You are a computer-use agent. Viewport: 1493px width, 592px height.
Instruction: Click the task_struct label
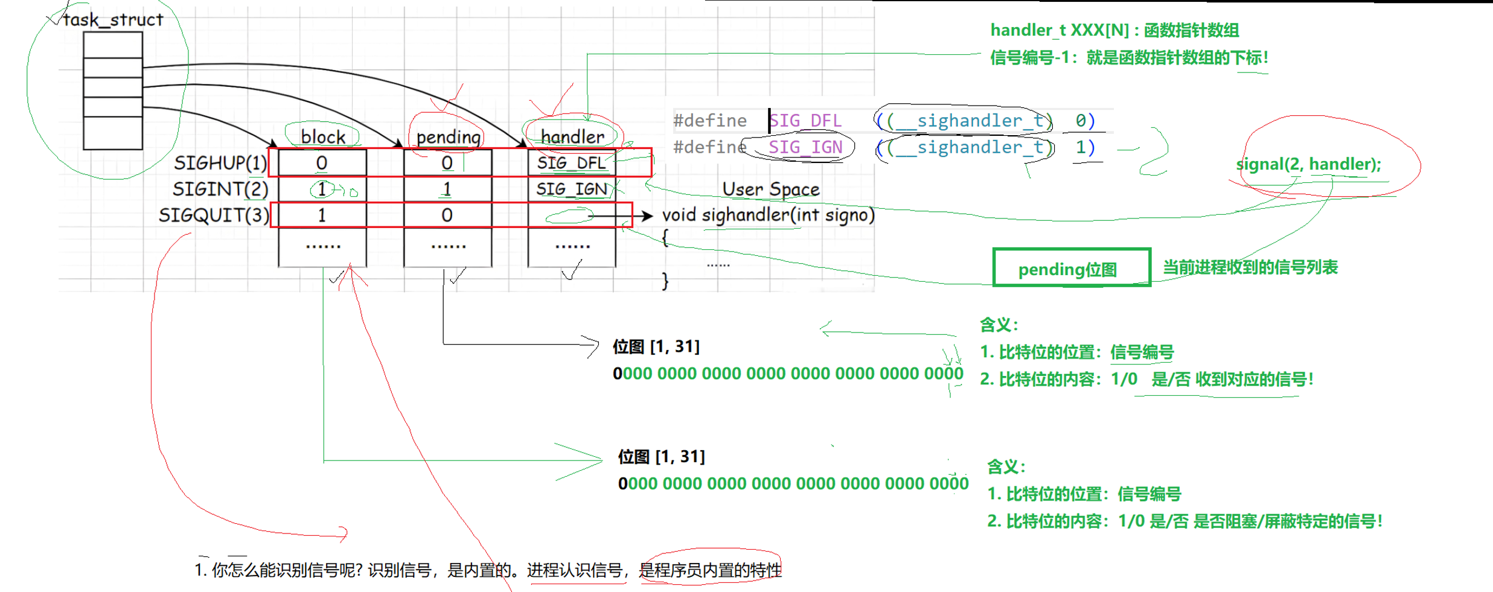coord(113,20)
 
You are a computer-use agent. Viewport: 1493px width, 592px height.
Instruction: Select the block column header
coord(323,137)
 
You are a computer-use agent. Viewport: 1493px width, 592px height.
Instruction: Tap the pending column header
coord(448,137)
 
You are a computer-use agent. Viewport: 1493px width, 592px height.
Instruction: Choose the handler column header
coord(572,137)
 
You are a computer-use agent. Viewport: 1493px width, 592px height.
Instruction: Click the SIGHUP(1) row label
coord(220,163)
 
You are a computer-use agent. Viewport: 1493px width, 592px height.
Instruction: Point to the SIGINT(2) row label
coord(220,189)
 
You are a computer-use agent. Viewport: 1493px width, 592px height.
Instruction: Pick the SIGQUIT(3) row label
coord(214,215)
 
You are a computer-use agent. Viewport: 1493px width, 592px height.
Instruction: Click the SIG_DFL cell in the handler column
coord(571,163)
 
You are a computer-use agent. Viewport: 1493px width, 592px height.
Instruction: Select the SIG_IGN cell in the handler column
coord(571,189)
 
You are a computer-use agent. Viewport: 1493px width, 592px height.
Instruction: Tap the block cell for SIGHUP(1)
coord(322,163)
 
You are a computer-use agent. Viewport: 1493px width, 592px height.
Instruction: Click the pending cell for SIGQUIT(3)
coord(447,215)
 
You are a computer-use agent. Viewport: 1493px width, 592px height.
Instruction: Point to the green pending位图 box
coord(1071,268)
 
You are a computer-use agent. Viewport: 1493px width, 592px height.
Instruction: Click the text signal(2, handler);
coord(1308,164)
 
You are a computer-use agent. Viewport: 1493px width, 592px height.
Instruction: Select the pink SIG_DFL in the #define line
coord(805,121)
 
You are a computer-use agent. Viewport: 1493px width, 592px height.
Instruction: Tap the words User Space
coord(771,189)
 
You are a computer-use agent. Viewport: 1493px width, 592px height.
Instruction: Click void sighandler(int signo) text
coord(768,215)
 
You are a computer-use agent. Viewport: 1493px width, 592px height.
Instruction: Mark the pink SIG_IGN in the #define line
coord(805,147)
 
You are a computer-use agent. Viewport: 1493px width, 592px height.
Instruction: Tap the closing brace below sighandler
coord(665,281)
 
